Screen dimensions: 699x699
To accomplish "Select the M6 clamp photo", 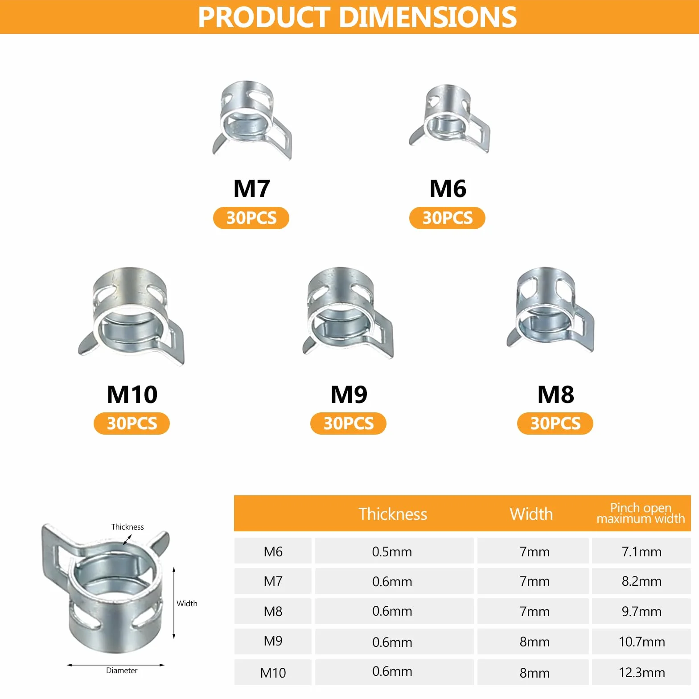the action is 449,118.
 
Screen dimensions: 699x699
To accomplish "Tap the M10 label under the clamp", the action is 132,394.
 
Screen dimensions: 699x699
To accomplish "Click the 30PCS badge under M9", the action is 348,423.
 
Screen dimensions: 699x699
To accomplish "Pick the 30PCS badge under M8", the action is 555,423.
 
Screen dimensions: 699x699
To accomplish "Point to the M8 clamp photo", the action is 550,310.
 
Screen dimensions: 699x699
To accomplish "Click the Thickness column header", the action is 393,514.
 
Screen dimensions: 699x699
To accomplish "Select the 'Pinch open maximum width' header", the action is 641,513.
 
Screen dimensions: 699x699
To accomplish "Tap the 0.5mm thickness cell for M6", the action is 392,551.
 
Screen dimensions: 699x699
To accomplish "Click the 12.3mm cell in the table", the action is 641,672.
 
